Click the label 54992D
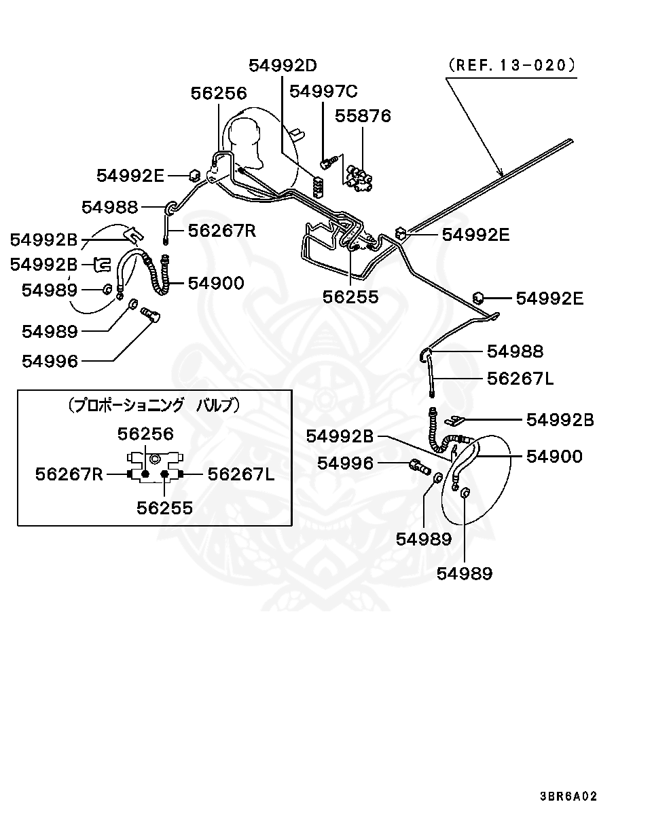tap(283, 65)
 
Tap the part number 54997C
tap(323, 91)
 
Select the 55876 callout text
tap(363, 116)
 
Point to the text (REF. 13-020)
tap(511, 65)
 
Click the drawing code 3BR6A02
tap(568, 796)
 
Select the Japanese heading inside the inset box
tap(154, 406)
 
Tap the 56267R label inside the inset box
tap(69, 474)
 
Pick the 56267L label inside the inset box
tap(241, 474)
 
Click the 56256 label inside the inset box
tap(145, 434)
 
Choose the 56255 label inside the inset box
tap(164, 508)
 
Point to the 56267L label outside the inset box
tap(520, 378)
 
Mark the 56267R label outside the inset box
tap(221, 231)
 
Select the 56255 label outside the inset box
tap(350, 297)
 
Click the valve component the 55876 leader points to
tap(359, 178)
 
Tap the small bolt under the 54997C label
tap(329, 162)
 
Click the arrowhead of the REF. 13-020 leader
tap(502, 176)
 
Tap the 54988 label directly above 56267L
tap(515, 351)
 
